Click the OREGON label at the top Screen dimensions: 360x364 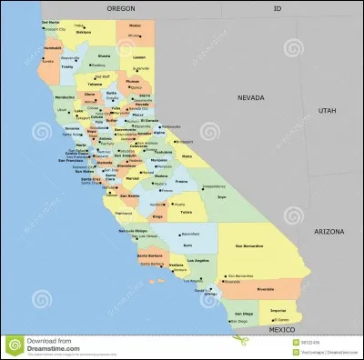point(121,7)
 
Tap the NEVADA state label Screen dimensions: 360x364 point(251,96)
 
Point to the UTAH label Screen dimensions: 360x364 point(326,110)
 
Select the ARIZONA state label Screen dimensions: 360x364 point(329,232)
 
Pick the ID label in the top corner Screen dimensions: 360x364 point(278,7)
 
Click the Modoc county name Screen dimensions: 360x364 point(135,25)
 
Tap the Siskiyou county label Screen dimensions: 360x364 point(84,32)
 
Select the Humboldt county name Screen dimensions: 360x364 point(52,47)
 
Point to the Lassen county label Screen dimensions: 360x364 point(138,56)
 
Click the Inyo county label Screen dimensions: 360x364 point(221,195)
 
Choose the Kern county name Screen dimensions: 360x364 point(187,245)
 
